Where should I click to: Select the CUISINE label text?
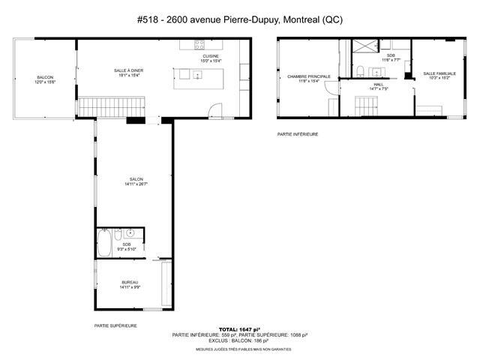coord(210,56)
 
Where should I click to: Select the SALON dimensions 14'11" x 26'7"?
coord(136,184)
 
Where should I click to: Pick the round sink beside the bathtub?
coord(129,232)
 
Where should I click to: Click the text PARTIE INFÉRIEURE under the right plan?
coord(298,134)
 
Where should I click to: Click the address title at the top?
coord(240,19)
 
